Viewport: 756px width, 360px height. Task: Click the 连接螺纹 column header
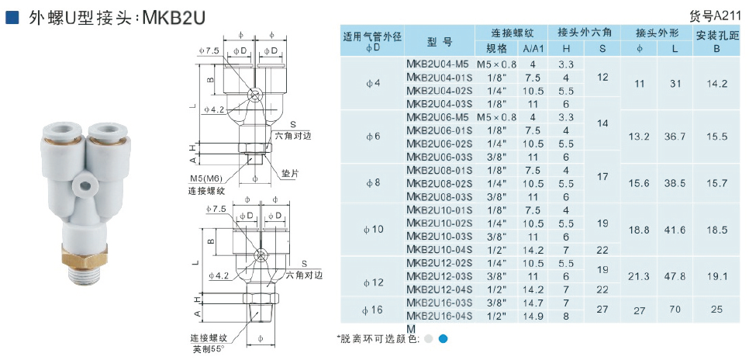(513, 33)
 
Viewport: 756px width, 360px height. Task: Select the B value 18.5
(717, 230)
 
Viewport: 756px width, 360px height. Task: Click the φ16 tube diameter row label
(372, 310)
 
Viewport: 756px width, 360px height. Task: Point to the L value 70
(675, 309)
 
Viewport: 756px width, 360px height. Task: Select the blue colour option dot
(443, 339)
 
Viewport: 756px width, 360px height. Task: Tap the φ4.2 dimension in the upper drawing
(213, 110)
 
